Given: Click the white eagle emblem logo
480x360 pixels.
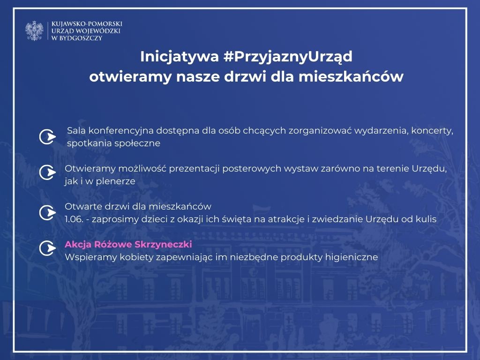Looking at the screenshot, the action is click(34, 30).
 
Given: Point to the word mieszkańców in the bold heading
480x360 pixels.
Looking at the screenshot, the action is click(351, 76).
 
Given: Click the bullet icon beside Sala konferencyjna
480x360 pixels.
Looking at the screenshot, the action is click(47, 136).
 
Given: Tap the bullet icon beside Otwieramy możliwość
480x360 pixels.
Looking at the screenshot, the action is click(47, 172).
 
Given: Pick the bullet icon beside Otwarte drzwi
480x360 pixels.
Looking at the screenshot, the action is click(47, 212).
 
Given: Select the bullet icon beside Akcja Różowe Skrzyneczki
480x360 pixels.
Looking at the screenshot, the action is click(47, 248).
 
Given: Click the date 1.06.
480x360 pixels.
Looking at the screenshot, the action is click(74, 219).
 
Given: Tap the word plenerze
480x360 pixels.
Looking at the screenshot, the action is click(116, 181).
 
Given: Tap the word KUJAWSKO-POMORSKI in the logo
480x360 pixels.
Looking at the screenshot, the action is click(87, 24).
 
